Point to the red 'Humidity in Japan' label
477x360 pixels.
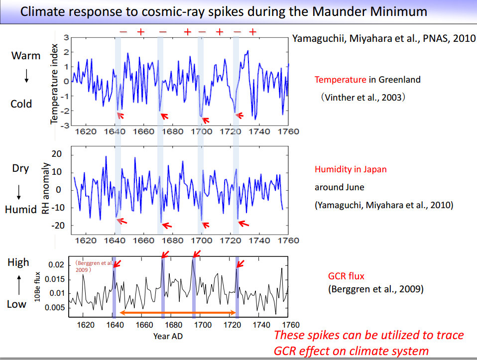coord(351,169)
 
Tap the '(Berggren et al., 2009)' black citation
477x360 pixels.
coord(375,289)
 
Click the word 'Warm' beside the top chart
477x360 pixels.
coord(26,55)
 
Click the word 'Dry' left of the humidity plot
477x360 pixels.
coord(20,168)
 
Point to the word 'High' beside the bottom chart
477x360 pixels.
coord(18,262)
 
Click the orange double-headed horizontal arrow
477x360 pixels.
coord(177,313)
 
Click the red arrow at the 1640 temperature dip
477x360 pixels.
coord(120,116)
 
